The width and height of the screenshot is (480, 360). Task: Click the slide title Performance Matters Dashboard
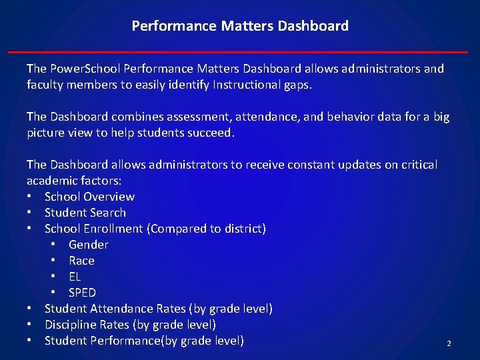tap(240, 26)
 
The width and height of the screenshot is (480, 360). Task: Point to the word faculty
tap(46, 85)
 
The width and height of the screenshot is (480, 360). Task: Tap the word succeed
tap(211, 133)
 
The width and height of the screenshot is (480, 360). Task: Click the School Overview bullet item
tap(89, 197)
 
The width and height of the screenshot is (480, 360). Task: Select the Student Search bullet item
tap(85, 213)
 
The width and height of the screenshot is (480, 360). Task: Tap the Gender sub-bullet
tap(89, 245)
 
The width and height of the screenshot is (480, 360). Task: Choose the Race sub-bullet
tap(81, 261)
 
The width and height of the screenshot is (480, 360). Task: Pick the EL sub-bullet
tap(75, 277)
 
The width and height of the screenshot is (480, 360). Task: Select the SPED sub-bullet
tap(82, 293)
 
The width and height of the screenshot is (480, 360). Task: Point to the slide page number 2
tap(449, 343)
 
